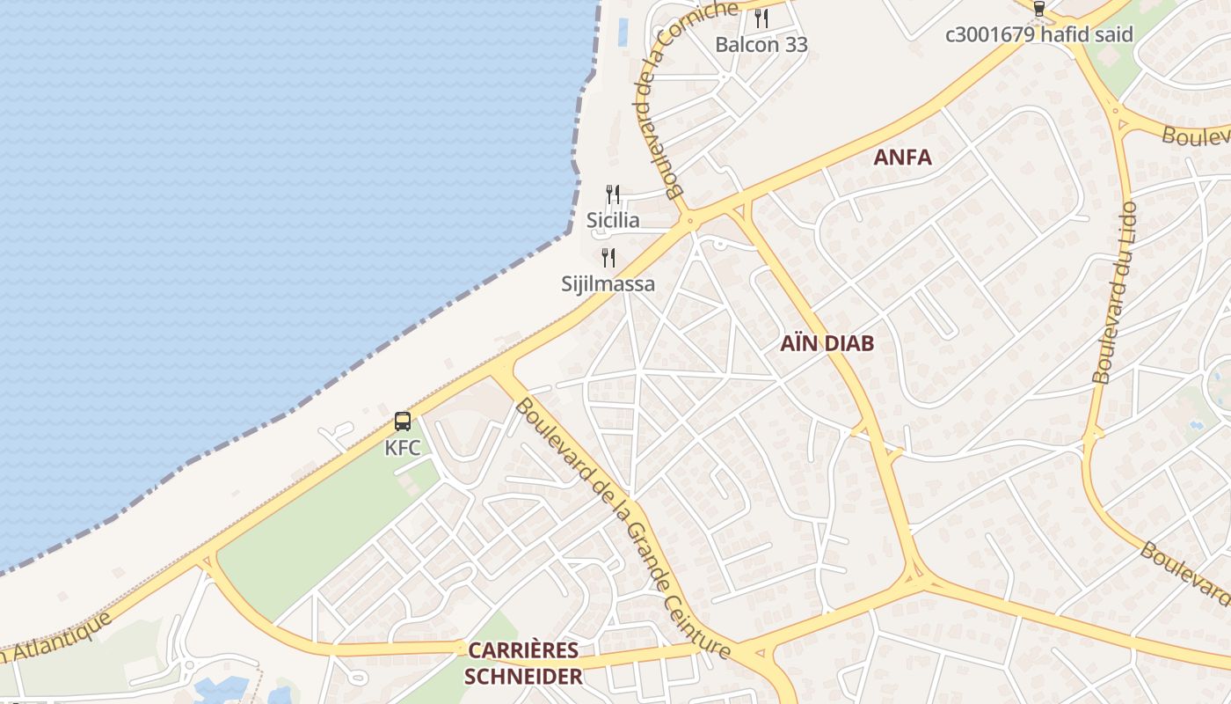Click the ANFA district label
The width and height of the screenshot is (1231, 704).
902,158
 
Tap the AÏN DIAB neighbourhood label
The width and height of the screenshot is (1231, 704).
827,343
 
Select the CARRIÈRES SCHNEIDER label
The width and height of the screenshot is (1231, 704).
523,663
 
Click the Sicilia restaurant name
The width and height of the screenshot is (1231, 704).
613,220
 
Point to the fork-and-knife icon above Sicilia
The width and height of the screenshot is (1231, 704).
613,194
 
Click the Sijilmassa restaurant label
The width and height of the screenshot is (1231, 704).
608,284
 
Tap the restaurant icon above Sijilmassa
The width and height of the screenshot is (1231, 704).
608,257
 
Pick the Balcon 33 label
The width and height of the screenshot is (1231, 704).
761,44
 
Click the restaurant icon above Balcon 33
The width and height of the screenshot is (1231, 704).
761,17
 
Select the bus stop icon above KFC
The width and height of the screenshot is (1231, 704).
403,421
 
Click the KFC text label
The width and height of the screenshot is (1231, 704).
403,448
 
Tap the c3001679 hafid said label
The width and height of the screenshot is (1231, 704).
1038,35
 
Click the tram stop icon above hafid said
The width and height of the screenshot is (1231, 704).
1039,9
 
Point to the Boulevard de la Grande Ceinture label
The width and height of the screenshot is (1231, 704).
623,528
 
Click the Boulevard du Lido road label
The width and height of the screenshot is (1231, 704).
1114,292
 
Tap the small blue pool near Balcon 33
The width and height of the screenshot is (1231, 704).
623,32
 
